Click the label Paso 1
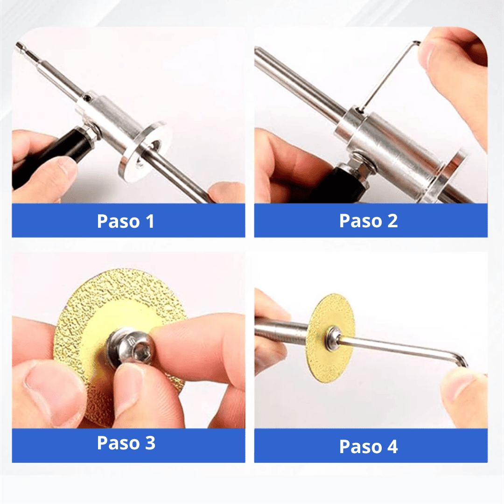point(126,221)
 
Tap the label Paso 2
point(368,221)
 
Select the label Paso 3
point(126,443)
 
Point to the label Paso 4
point(368,446)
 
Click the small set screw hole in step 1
point(88,98)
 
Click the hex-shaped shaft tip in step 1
point(21,47)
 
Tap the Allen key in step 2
point(390,75)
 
